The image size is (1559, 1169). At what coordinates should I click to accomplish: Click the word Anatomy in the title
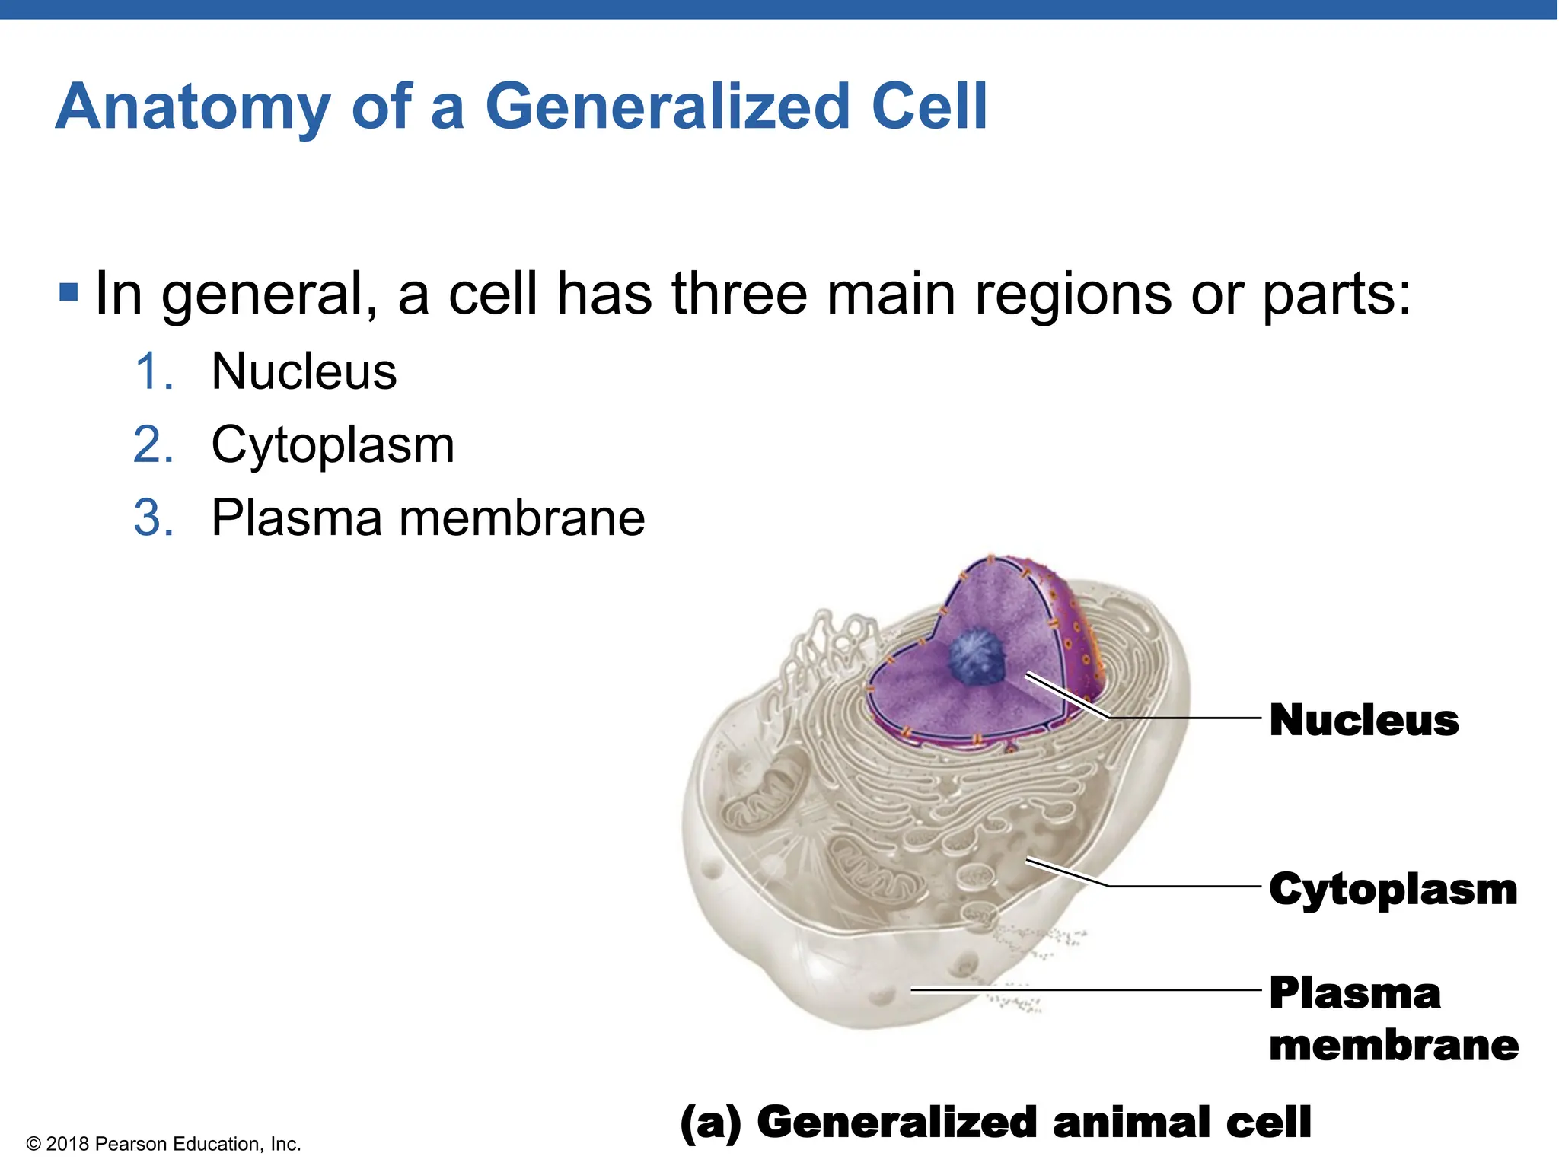pyautogui.click(x=193, y=108)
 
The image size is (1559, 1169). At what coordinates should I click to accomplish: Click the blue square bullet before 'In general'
pyautogui.click(x=69, y=291)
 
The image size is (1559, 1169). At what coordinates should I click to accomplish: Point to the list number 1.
pyautogui.click(x=153, y=372)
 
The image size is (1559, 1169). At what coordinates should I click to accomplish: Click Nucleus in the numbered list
pyautogui.click(x=304, y=372)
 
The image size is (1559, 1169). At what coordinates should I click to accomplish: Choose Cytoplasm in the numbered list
pyautogui.click(x=333, y=445)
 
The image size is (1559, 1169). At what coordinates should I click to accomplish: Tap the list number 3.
pyautogui.click(x=153, y=518)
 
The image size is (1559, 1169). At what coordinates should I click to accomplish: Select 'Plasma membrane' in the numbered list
pyautogui.click(x=428, y=518)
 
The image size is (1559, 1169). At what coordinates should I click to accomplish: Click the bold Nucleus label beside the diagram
pyautogui.click(x=1363, y=720)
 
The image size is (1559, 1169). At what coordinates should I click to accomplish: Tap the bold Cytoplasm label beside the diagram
pyautogui.click(x=1392, y=889)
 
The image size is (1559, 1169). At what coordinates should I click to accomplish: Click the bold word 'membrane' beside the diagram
pyautogui.click(x=1393, y=1045)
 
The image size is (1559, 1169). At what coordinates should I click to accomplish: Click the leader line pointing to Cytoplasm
pyautogui.click(x=1180, y=886)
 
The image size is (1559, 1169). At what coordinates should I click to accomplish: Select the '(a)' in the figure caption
pyautogui.click(x=710, y=1123)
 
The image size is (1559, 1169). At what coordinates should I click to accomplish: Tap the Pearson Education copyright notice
pyautogui.click(x=164, y=1144)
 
